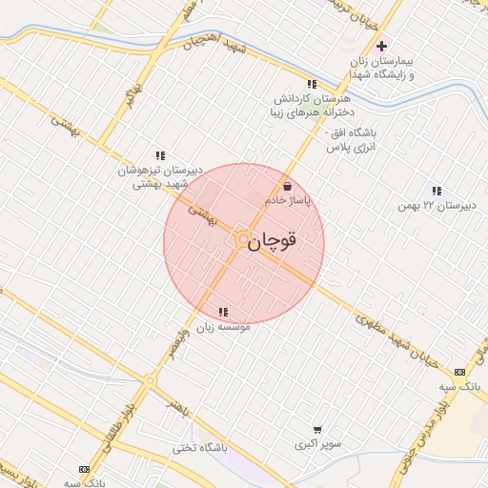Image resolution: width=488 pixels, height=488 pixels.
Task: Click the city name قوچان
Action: [274, 241]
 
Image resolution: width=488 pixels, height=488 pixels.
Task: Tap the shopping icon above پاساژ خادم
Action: [288, 187]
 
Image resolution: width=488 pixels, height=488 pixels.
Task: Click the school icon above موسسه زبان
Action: [223, 312]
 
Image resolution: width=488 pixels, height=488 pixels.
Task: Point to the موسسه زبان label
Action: [224, 326]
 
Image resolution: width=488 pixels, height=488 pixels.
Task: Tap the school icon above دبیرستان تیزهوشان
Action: [160, 155]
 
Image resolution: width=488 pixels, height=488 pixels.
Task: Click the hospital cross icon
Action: [381, 45]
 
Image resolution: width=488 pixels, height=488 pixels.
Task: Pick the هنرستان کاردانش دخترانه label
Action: [306, 105]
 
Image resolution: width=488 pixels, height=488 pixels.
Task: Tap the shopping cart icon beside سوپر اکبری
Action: [316, 430]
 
